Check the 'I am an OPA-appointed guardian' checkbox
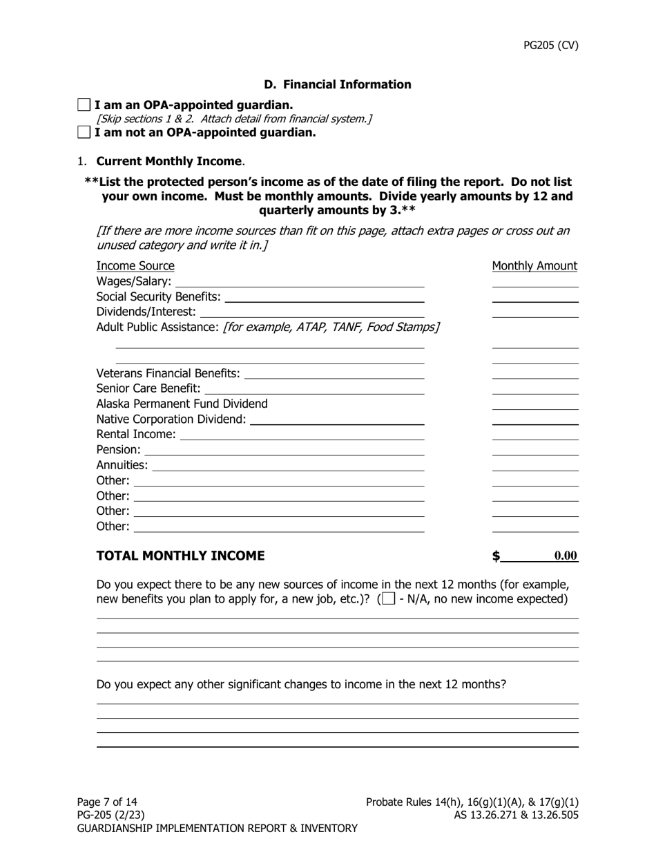(x=84, y=105)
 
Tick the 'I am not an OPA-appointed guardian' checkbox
(x=84, y=132)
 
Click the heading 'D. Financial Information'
(x=337, y=84)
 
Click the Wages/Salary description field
(x=300, y=281)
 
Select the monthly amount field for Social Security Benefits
(x=534, y=296)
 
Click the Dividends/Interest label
(x=146, y=312)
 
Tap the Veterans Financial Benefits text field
(x=334, y=373)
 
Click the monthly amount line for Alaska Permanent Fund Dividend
(x=534, y=404)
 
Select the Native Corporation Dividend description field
(x=337, y=419)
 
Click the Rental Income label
(x=136, y=434)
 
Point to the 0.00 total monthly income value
(x=565, y=556)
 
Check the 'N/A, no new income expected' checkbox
(x=389, y=598)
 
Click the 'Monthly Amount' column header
(x=534, y=266)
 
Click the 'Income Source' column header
(x=135, y=266)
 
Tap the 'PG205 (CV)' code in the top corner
(x=550, y=46)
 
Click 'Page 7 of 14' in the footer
(x=107, y=802)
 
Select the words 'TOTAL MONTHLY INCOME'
(x=180, y=556)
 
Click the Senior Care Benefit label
(x=148, y=388)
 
